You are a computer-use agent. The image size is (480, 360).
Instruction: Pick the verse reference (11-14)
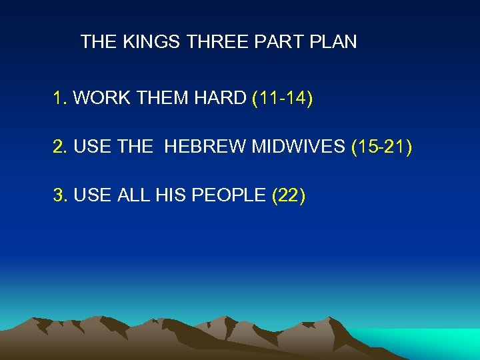[283, 99]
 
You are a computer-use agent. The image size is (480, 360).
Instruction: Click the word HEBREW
[205, 147]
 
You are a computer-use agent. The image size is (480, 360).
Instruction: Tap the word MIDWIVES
[297, 147]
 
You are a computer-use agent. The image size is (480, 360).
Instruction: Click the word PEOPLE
[230, 195]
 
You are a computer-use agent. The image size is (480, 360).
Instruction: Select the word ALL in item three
[134, 195]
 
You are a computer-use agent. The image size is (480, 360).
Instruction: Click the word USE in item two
[90, 147]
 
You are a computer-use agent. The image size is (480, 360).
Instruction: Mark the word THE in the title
[99, 42]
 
